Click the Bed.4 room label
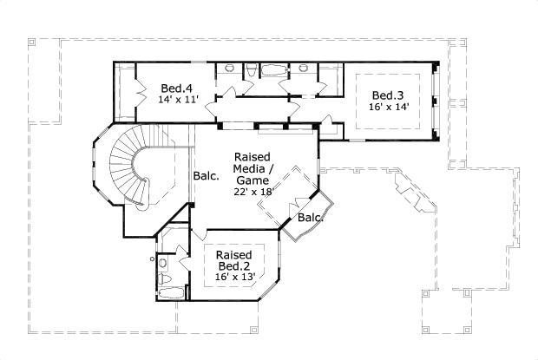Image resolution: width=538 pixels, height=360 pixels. [177, 88]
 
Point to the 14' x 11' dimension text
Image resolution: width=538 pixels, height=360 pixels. [179, 100]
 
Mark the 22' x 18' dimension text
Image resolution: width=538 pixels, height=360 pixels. [253, 191]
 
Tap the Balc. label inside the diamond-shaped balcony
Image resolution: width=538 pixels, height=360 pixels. [310, 217]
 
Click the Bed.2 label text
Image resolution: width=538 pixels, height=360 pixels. [234, 265]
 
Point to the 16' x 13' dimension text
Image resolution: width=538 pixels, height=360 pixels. [234, 277]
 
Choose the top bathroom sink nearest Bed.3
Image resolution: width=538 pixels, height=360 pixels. [305, 68]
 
